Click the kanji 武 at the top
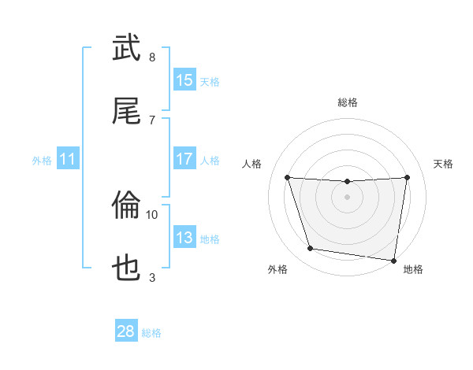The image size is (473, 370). click(x=127, y=49)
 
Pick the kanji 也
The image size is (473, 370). click(x=127, y=268)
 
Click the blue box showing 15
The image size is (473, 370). click(x=184, y=80)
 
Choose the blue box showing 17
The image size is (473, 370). click(x=184, y=159)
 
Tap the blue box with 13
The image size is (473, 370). click(x=184, y=238)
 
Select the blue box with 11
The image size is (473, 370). click(x=68, y=159)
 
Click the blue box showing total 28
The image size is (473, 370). click(x=126, y=331)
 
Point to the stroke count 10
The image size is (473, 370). click(x=152, y=214)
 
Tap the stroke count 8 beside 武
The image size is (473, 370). click(x=152, y=57)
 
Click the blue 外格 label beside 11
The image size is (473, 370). click(x=42, y=160)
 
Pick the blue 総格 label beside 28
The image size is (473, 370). click(x=151, y=333)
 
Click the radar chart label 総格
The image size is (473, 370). click(x=348, y=102)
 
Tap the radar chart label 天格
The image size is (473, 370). click(x=443, y=164)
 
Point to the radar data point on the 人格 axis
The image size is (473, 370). click(x=288, y=177)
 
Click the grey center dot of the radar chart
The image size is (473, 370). click(x=348, y=197)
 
